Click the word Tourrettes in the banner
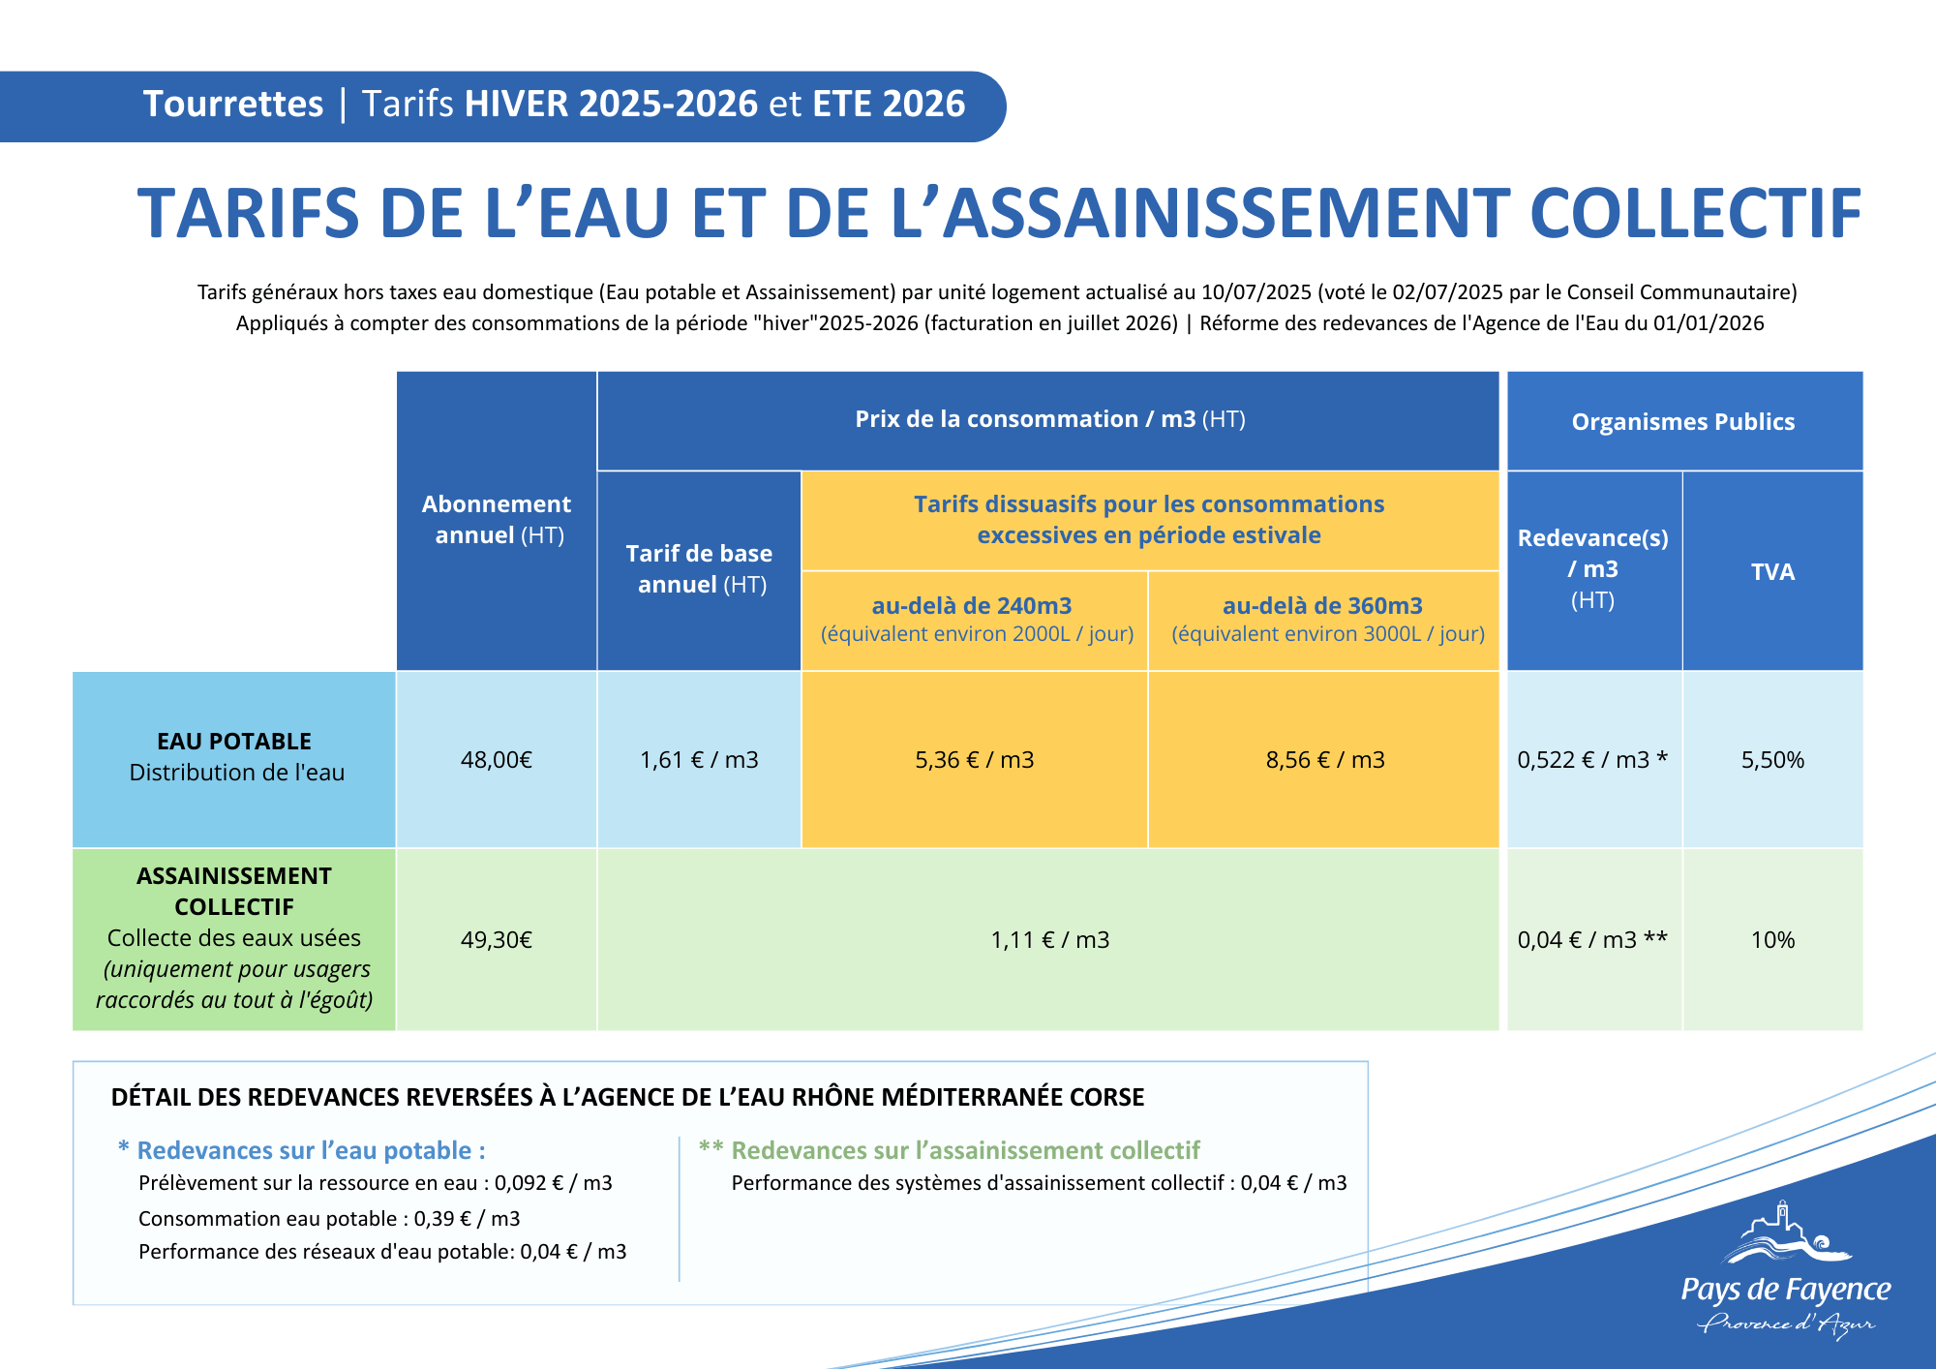tap(233, 104)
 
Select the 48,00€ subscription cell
tap(497, 760)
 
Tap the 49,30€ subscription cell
tap(497, 940)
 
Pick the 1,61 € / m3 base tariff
tap(699, 760)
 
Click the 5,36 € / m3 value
tap(975, 760)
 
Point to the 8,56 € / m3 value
tap(1325, 760)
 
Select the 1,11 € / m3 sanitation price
tap(1050, 940)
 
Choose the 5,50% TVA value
tap(1772, 760)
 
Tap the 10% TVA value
tap(1772, 940)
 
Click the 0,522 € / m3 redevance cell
tap(1592, 760)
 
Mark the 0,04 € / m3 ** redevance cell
tap(1592, 940)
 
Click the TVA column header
tap(1772, 572)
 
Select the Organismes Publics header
tap(1683, 422)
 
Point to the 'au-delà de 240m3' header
tap(973, 606)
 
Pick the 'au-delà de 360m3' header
tap(1323, 606)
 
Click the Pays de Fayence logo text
tap(1786, 1290)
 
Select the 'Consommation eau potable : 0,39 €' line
tap(329, 1219)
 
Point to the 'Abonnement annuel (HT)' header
tap(497, 520)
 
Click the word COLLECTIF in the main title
tap(1695, 214)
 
